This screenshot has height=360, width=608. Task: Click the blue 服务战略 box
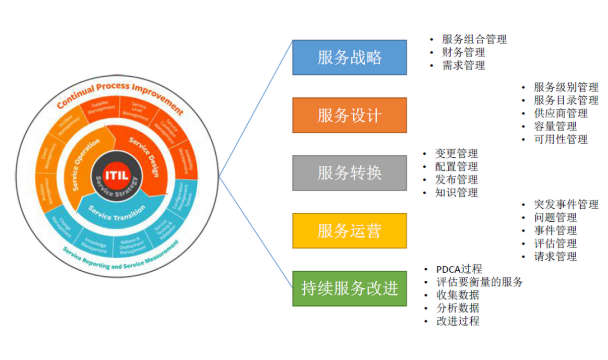coord(349,57)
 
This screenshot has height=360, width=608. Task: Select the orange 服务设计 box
coord(349,115)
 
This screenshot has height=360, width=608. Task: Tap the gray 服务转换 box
coord(349,173)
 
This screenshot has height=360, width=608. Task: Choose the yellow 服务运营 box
coord(349,231)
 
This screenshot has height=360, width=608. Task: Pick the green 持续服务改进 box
coord(349,288)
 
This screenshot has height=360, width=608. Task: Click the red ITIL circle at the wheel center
coord(117,174)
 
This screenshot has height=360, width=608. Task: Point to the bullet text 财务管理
coord(463,52)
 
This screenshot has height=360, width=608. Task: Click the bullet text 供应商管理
coord(561,113)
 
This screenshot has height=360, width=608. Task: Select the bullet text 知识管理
coord(456,192)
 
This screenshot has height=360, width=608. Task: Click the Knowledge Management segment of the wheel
coord(95,245)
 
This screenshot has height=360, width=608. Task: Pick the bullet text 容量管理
coord(555,126)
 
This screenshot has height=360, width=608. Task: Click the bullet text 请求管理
coord(555,256)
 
